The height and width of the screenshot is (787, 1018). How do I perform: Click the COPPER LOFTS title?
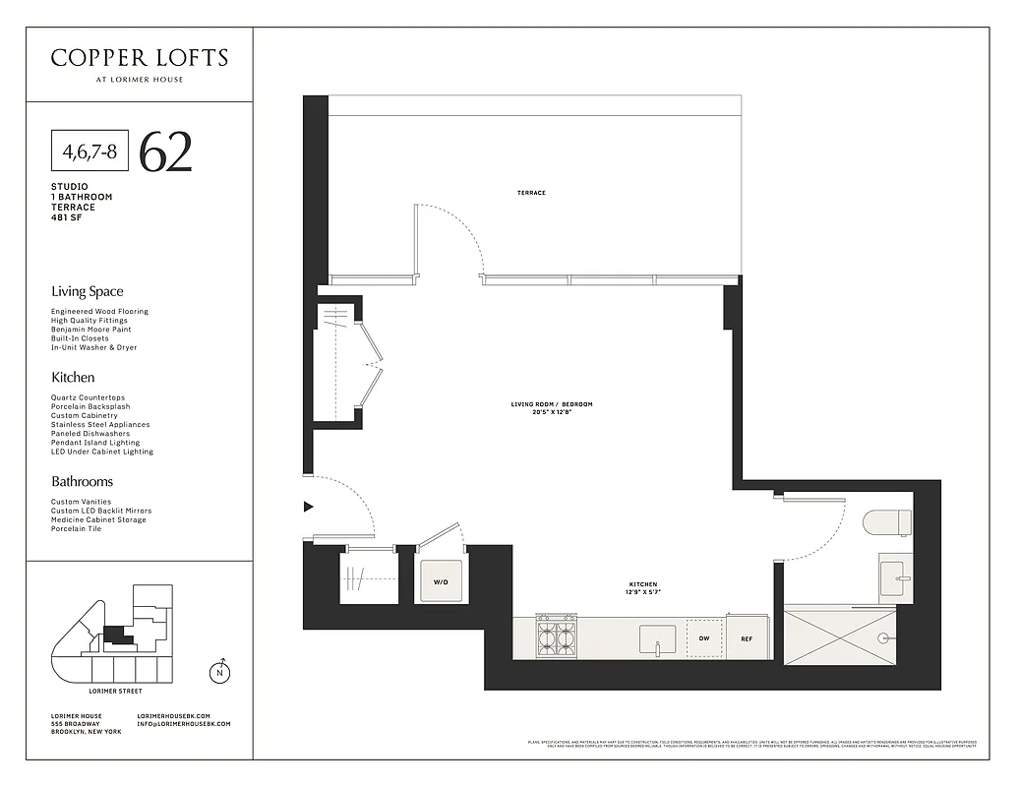139,58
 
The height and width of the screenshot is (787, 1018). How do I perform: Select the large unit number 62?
165,151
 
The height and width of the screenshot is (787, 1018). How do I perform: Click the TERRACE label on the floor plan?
531,193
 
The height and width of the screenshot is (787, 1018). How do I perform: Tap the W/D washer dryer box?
441,582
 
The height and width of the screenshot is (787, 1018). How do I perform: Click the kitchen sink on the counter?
657,639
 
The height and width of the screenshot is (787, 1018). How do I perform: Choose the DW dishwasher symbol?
703,637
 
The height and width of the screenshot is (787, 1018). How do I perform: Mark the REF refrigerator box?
747,637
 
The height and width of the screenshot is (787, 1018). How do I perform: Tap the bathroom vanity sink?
895,578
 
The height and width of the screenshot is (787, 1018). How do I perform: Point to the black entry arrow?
308,507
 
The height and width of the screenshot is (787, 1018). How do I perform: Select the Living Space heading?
88,291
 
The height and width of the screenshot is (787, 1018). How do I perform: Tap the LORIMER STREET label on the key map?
115,692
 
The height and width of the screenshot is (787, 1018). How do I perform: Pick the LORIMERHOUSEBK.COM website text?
174,715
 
